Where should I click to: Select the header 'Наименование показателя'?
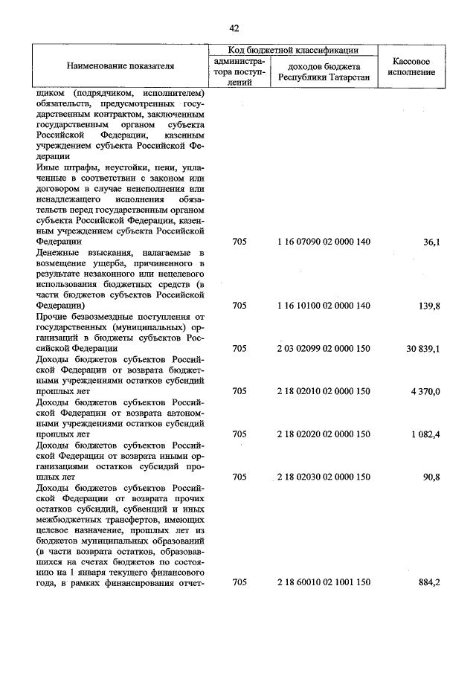(x=120, y=66)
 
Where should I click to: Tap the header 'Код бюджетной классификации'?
(x=293, y=50)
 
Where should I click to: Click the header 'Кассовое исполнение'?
(x=411, y=66)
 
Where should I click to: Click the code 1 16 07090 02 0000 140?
(x=324, y=242)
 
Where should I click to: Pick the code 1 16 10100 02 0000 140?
(x=324, y=306)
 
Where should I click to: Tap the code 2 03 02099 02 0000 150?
(x=324, y=348)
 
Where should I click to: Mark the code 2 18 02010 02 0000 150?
(x=324, y=391)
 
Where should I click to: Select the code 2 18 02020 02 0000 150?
(x=324, y=434)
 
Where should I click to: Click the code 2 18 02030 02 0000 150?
(x=324, y=477)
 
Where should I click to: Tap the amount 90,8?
(x=429, y=477)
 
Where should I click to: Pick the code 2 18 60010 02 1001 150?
(x=324, y=582)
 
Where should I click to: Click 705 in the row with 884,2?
(x=239, y=582)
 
